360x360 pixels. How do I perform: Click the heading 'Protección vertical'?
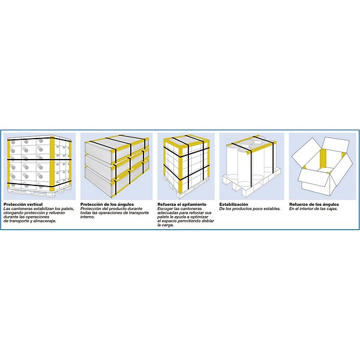23,205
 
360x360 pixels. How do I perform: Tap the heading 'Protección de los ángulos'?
107,205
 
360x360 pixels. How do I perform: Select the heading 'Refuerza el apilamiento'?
182,205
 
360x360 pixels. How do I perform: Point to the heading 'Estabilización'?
234,205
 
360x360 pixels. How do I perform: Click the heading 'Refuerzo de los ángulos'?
314,205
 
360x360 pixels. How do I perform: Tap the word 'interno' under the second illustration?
88,217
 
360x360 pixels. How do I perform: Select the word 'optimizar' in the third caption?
199,217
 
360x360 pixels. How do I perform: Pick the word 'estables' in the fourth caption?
272,209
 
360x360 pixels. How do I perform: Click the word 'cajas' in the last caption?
332,209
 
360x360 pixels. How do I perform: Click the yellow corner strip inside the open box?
323,158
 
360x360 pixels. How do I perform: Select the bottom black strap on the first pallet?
39,185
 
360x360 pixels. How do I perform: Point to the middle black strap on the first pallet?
39,160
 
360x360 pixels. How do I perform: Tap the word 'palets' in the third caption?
163,217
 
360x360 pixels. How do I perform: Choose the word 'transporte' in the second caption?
139,213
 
